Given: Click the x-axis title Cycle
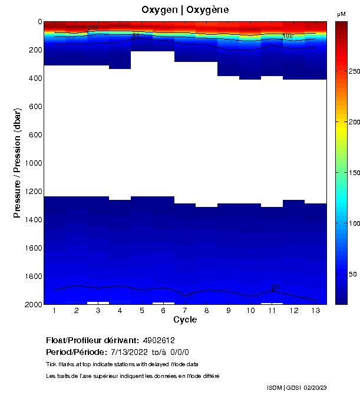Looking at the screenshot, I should coord(185,320).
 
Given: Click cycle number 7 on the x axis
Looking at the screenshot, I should coord(185,310).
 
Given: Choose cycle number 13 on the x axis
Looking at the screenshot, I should coord(315,310).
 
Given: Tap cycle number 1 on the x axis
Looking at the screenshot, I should coord(55,310).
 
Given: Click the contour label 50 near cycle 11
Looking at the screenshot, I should coord(276,287).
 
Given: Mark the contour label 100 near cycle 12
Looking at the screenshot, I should coord(288,37).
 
